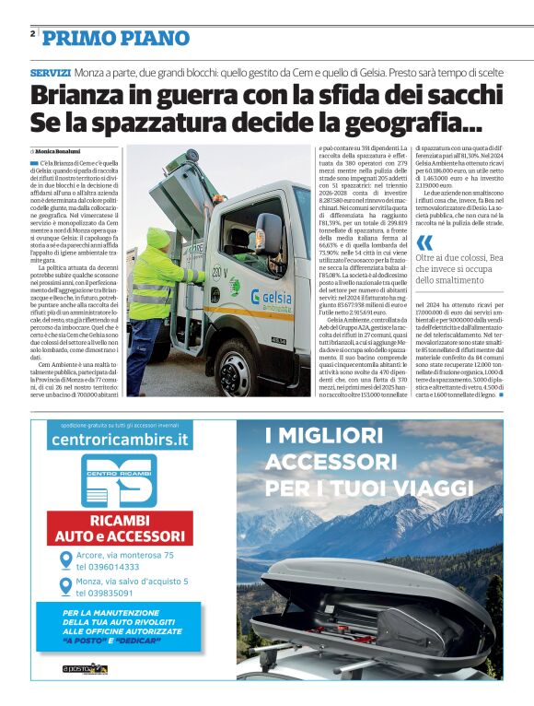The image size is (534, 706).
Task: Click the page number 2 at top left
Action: (x=32, y=34)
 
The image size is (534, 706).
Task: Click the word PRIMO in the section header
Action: (x=73, y=38)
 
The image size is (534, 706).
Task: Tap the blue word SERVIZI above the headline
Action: (x=50, y=71)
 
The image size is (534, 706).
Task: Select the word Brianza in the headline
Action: (x=80, y=96)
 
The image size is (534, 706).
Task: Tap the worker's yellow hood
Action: (x=159, y=238)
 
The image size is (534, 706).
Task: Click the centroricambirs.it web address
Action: (x=117, y=442)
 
